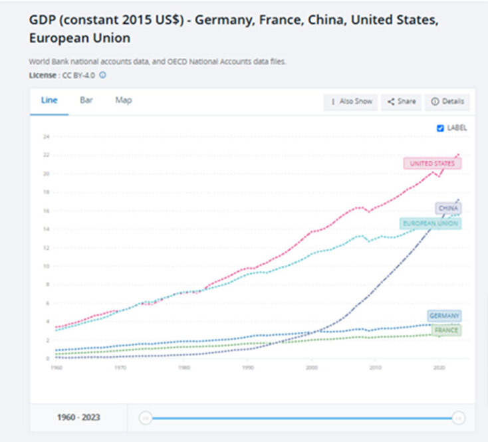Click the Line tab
49,100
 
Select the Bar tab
86,100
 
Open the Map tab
124,100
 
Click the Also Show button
351,102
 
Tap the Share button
402,102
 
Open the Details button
447,102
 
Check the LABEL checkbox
440,128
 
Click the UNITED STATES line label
432,164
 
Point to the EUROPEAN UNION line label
430,223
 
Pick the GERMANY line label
444,316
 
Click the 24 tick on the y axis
47,137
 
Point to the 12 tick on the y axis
47,248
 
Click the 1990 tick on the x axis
247,367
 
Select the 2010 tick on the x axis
375,367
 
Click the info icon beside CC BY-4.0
103,75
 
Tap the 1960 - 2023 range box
78,418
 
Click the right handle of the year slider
458,418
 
